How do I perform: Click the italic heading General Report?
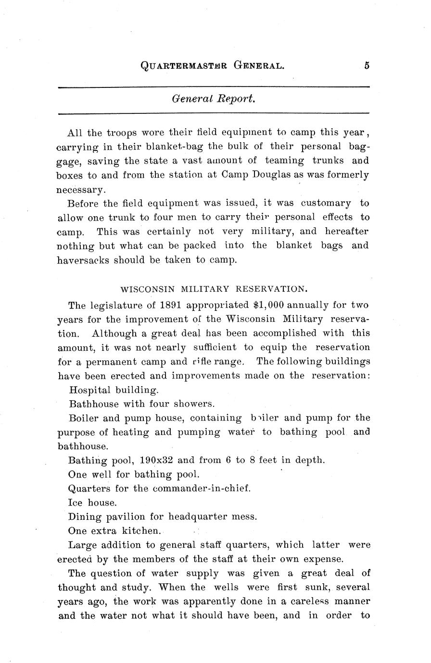(213, 99)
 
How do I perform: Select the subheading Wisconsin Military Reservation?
(213, 289)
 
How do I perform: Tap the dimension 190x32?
(156, 460)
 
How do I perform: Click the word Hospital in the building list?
(90, 390)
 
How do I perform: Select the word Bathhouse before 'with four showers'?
(94, 404)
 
